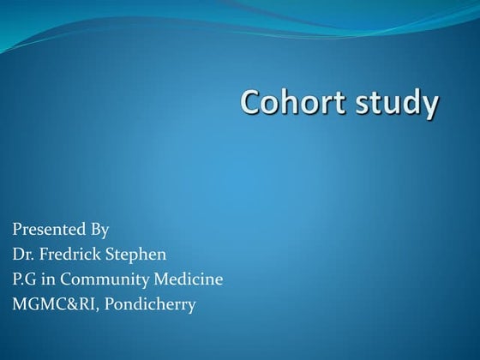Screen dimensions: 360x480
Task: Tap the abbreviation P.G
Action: pyautogui.click(x=26, y=279)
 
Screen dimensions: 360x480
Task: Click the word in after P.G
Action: pyautogui.click(x=54, y=279)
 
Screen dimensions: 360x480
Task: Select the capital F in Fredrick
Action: pyautogui.click(x=43, y=255)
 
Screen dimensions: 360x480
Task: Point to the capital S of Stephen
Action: pyautogui.click(x=111, y=255)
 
